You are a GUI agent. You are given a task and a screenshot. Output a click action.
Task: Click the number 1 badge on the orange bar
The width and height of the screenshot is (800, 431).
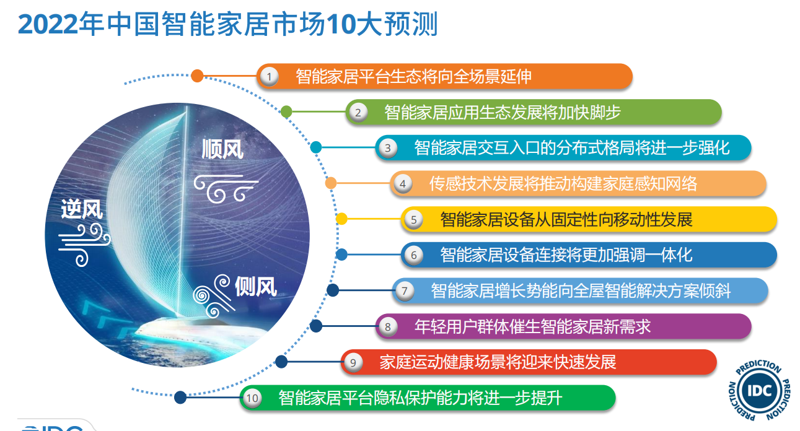coord(270,77)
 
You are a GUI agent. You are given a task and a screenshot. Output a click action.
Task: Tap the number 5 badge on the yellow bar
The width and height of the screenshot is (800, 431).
coord(413,219)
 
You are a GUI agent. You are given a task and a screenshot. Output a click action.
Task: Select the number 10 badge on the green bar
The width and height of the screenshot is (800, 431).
coord(252,398)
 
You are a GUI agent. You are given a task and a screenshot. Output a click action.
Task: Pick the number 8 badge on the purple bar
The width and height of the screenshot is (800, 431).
coord(388,326)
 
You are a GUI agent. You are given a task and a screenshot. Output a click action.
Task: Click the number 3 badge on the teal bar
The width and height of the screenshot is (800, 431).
coord(388,148)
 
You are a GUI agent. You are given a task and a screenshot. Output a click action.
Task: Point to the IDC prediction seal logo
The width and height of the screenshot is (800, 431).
coord(759,390)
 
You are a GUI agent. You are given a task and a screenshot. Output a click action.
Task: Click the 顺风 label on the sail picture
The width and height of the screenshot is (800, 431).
coord(222,149)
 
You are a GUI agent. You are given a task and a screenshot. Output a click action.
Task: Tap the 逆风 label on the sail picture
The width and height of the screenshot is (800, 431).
coord(82,209)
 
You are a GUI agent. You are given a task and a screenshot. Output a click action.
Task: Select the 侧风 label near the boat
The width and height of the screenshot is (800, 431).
coord(256,287)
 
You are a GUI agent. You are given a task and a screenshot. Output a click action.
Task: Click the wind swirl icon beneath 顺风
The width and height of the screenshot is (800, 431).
coord(226,189)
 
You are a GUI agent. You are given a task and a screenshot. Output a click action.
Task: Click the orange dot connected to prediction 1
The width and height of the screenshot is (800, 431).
coord(197,76)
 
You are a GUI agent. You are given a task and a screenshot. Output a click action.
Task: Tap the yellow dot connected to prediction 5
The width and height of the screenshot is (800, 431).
coord(341,219)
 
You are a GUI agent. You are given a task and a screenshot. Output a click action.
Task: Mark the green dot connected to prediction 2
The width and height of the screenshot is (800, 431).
coord(286,111)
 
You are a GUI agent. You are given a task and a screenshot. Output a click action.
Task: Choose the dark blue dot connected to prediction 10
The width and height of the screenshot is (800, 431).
coord(180,397)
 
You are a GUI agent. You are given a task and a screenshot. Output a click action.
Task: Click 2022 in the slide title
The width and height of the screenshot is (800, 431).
coord(48,24)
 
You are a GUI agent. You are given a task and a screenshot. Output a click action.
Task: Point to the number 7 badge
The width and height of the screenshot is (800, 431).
coord(405,291)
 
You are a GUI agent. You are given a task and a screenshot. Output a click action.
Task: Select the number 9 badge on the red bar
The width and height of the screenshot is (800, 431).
coord(353,362)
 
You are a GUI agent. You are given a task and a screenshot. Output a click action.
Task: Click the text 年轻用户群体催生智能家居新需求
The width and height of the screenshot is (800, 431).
coord(532,326)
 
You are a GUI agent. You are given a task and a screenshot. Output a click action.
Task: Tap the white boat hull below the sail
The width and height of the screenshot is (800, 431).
coord(200,332)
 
